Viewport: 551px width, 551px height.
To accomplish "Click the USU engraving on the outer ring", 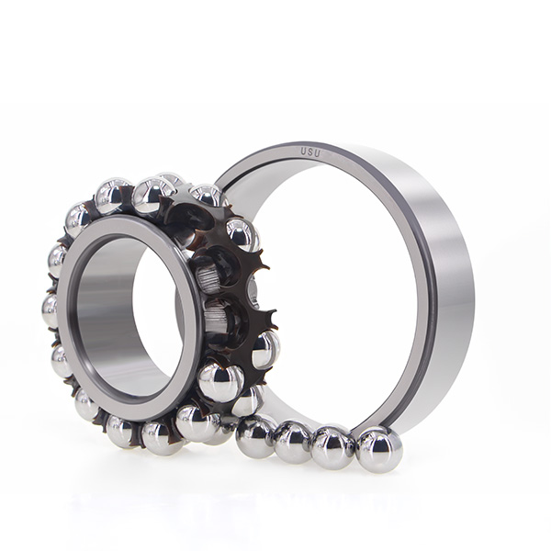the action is pyautogui.click(x=310, y=152).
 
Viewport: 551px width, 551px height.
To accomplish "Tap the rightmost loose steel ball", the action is pyautogui.click(x=378, y=449).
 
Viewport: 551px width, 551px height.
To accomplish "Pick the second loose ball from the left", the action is pyautogui.click(x=293, y=443).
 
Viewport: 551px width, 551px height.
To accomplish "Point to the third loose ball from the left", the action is pyautogui.click(x=332, y=447).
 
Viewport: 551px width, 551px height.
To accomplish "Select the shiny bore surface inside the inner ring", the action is pyautogui.click(x=106, y=309).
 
